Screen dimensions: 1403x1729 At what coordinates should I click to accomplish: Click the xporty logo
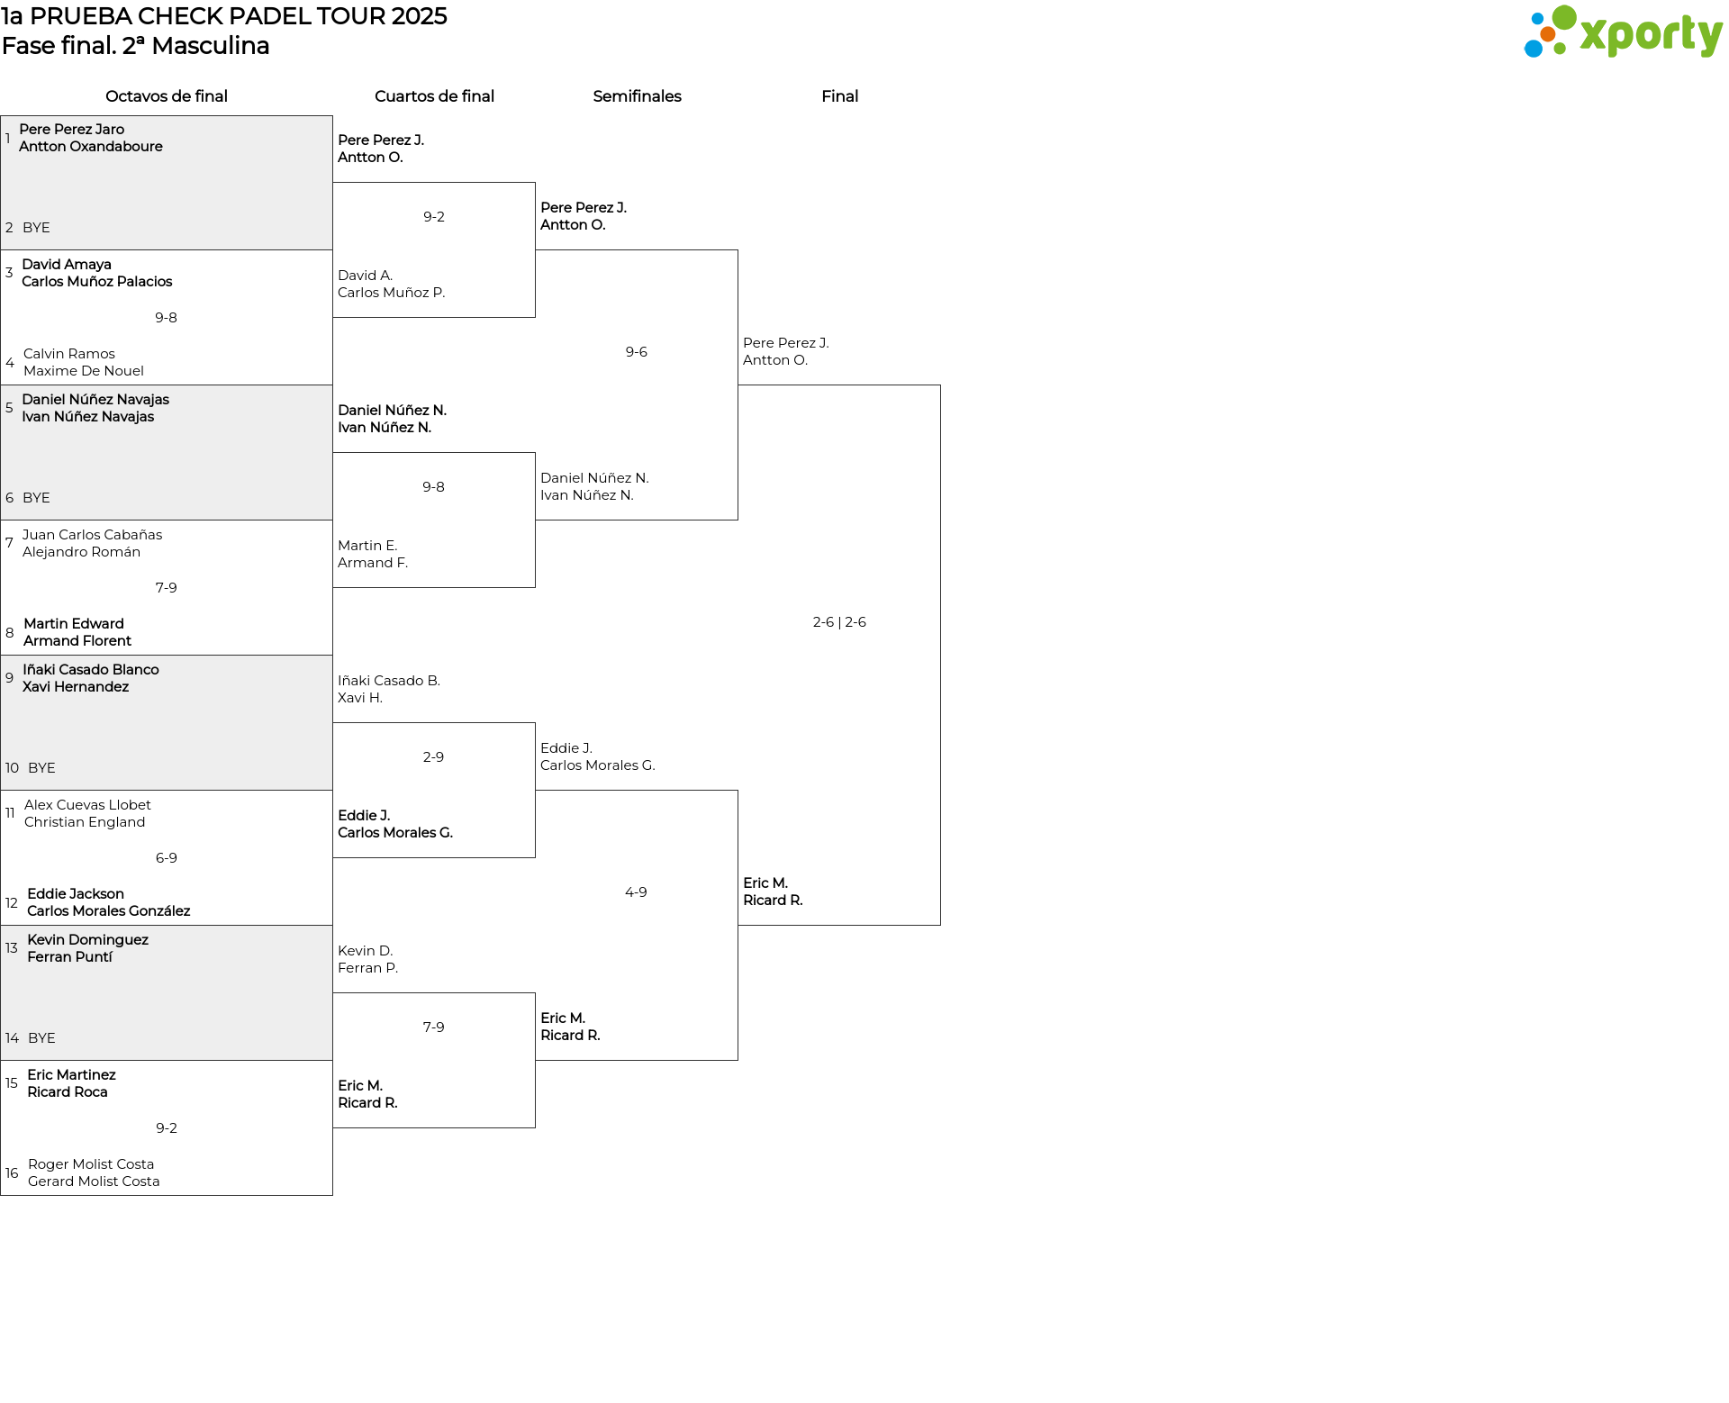(1623, 32)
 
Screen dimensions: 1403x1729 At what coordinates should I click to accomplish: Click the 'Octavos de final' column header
(166, 96)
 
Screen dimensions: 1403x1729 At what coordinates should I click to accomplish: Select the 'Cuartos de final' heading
(434, 96)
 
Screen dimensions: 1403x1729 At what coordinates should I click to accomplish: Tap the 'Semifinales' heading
(637, 96)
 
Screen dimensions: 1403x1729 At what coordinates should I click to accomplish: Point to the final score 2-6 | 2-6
(839, 622)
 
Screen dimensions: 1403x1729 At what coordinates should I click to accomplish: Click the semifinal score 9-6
(636, 352)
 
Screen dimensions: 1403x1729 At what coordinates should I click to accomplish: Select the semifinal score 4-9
(636, 892)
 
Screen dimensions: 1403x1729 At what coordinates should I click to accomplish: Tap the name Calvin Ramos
(69, 354)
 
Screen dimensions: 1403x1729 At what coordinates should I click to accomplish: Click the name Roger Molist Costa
(91, 1164)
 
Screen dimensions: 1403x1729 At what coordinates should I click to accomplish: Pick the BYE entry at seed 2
(36, 228)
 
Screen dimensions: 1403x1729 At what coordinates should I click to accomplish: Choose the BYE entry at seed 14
(41, 1038)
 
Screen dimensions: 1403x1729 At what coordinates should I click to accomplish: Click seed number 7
(9, 543)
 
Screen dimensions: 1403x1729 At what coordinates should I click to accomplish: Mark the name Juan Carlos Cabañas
(92, 535)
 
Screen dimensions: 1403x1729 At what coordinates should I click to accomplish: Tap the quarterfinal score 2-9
(433, 757)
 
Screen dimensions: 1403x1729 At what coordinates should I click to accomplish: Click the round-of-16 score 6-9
(166, 858)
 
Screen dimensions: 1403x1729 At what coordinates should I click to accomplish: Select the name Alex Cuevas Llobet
(87, 805)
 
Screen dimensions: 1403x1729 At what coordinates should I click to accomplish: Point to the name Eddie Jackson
(76, 894)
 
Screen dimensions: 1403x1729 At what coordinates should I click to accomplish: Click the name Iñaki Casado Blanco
(91, 670)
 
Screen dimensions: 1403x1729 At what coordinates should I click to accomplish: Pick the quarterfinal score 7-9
(433, 1027)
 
